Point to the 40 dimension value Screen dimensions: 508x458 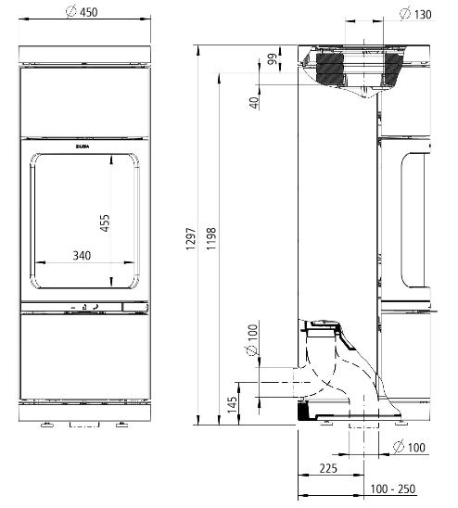point(253,100)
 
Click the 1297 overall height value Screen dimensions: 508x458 point(189,240)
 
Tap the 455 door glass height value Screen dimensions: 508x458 point(105,225)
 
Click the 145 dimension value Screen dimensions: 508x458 point(233,404)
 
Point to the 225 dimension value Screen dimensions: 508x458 point(329,469)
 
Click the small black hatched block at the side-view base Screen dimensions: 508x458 point(301,407)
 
